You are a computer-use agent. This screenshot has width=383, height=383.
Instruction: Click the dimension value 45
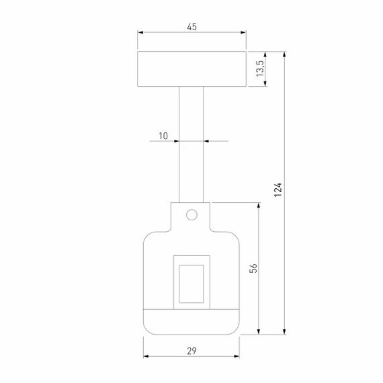tap(191, 27)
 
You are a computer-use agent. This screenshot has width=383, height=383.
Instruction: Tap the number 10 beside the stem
tap(163, 136)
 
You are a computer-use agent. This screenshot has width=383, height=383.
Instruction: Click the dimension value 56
tap(253, 268)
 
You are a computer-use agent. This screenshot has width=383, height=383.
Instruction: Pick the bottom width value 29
tap(191, 351)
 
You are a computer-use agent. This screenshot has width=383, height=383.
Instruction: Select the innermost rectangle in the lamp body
tap(191, 281)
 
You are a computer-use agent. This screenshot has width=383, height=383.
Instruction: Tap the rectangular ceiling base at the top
tap(191, 69)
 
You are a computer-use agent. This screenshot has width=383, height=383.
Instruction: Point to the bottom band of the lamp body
tap(191, 320)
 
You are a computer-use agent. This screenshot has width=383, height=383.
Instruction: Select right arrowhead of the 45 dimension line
tap(243, 32)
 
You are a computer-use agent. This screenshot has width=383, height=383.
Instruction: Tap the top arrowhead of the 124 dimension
tap(286, 54)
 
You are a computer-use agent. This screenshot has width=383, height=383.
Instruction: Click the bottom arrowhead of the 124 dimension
tap(286, 330)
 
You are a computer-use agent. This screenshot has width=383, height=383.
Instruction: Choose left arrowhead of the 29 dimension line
tap(146, 356)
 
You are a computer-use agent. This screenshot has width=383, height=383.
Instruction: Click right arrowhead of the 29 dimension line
tap(237, 356)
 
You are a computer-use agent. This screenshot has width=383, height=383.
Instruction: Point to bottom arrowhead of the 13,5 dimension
tap(267, 83)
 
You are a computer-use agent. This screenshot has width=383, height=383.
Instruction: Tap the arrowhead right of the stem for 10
tap(207, 141)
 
